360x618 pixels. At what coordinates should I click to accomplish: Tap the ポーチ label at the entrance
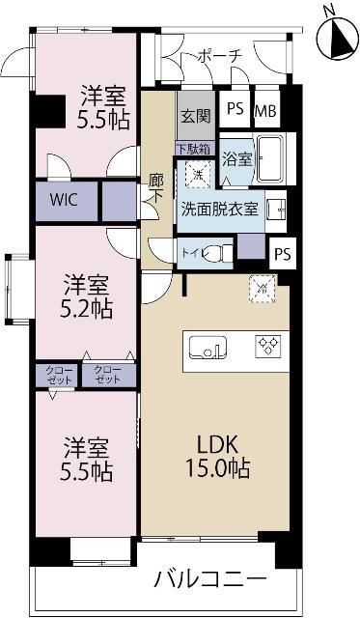pos(219,57)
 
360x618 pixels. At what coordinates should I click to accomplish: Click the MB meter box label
pos(264,110)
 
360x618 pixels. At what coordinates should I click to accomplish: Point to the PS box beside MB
pos(235,110)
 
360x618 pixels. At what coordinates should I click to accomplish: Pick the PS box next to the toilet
pos(281,253)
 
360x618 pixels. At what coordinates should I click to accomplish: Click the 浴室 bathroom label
pos(236,156)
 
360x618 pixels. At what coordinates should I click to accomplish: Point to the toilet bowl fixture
pos(219,253)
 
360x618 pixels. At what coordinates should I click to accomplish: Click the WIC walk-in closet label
pos(66,202)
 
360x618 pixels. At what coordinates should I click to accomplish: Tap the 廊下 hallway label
pos(156,184)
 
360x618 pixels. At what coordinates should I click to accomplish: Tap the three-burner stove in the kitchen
pos(266,346)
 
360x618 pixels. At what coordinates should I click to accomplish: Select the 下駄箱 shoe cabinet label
pos(189,150)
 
